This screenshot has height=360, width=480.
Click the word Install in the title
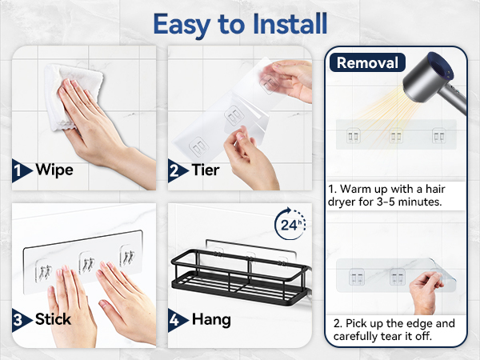coord(290,24)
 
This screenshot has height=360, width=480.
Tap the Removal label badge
coord(367,62)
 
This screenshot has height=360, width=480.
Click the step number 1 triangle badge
coord(21,170)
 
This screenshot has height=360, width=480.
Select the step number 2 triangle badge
coord(177,170)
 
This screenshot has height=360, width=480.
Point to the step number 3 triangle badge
coord(21,320)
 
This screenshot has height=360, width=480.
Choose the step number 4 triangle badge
coord(177,320)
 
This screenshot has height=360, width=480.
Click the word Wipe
coord(54,170)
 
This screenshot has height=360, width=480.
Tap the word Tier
coord(206,170)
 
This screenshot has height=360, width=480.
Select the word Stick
coord(53,319)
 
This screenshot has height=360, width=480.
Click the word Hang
coord(211,320)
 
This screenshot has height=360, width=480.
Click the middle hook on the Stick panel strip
coord(86,262)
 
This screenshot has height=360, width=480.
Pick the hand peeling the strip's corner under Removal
coord(426,292)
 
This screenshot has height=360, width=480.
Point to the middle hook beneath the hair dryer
coord(396,136)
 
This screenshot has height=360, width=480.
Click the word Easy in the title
coord(182,25)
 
